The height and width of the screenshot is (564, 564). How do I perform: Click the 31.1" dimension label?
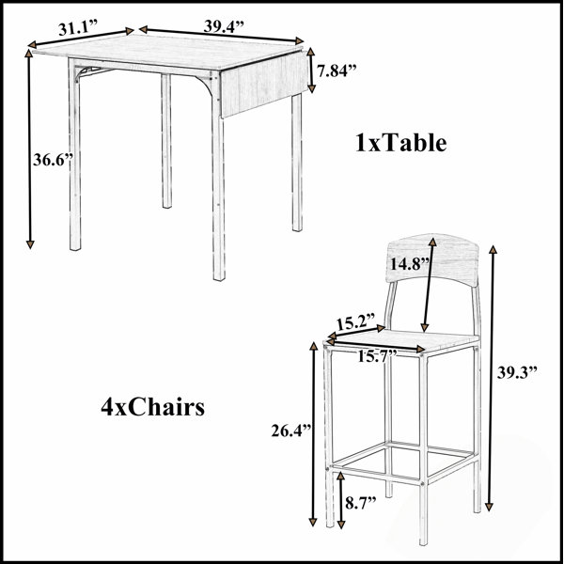click(78, 27)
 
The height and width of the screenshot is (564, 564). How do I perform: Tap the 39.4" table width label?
click(224, 26)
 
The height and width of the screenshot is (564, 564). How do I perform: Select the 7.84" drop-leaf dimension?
click(337, 70)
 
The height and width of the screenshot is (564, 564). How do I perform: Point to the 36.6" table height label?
click(53, 160)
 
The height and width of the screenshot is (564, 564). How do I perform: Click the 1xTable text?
click(401, 143)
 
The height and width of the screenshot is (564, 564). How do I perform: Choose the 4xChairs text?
click(153, 408)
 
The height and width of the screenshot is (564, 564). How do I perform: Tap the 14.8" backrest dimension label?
click(410, 264)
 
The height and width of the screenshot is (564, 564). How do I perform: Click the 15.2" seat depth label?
click(355, 321)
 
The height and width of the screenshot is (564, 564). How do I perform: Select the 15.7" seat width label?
click(378, 356)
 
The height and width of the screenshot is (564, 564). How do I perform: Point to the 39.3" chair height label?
click(517, 372)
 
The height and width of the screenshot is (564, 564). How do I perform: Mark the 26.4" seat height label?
click(291, 431)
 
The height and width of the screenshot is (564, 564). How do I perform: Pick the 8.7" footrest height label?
click(361, 503)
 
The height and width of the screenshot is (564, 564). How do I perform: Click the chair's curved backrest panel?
click(432, 260)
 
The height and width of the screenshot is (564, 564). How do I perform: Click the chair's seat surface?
click(403, 340)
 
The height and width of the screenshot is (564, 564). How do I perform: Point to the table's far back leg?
click(166, 141)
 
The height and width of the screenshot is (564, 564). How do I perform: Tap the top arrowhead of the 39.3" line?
click(493, 250)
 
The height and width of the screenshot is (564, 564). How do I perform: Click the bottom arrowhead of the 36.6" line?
click(30, 243)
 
